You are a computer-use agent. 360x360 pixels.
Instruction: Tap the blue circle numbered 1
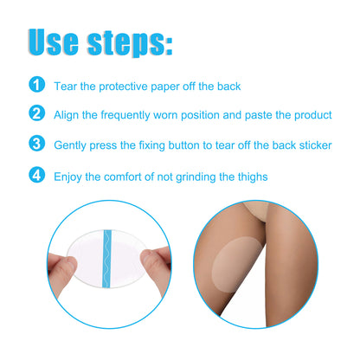(36, 85)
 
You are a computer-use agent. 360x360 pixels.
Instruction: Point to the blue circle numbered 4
(36, 177)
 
